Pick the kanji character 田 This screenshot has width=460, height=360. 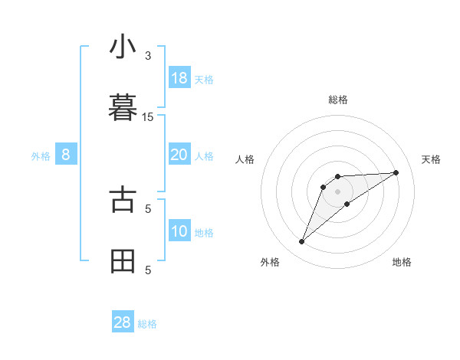point(123,261)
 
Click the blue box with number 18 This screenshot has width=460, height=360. point(179,78)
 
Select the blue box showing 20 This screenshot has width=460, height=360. point(179,155)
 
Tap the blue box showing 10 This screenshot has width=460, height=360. point(179,231)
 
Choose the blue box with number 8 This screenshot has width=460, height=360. point(66,155)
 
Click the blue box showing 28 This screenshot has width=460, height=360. point(123,322)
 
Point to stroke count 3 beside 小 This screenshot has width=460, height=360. point(148,56)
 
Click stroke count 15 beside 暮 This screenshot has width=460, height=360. point(148,117)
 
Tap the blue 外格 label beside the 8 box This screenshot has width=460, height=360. point(41,156)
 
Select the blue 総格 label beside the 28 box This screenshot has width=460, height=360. point(147,324)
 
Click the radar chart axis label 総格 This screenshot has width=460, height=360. point(338,100)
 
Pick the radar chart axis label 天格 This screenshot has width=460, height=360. point(431,159)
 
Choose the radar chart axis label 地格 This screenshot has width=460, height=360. point(402,262)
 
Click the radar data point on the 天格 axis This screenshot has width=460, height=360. point(396,172)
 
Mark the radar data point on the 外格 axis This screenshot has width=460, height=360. point(301,242)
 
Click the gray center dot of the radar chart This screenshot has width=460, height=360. point(338,191)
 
